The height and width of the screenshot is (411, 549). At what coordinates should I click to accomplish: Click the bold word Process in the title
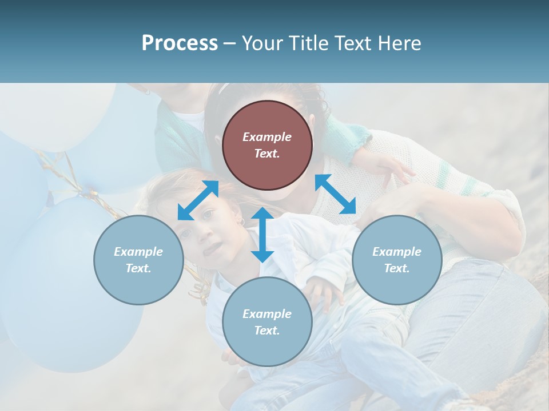tap(180, 43)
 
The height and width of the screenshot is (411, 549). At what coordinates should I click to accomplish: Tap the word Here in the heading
tap(400, 43)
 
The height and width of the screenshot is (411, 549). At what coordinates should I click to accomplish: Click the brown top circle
tap(267, 145)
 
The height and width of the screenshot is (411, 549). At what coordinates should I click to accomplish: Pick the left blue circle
tap(138, 260)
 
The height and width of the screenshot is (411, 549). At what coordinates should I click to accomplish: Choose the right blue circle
tap(397, 260)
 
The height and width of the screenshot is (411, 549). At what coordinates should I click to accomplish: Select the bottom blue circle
tap(267, 322)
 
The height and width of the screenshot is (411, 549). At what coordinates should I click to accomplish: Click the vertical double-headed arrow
tap(262, 235)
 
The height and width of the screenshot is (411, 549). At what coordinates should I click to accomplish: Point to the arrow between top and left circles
tap(198, 200)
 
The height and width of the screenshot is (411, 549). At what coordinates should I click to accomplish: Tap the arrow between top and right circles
tap(336, 194)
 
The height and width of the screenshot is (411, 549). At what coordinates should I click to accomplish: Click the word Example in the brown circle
tap(267, 137)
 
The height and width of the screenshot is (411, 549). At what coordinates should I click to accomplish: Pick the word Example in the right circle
tap(397, 252)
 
